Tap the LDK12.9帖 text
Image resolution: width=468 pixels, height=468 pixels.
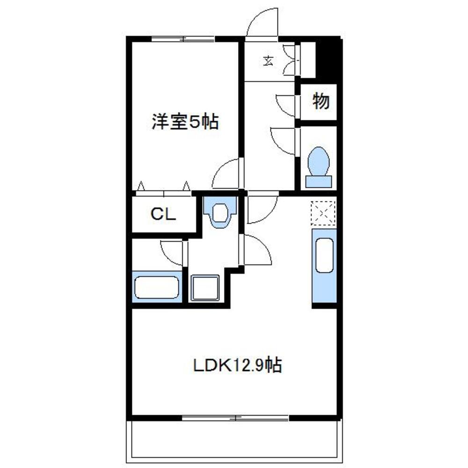238,365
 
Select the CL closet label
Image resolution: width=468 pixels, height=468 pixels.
163,214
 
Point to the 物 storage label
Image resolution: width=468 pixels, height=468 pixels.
321,101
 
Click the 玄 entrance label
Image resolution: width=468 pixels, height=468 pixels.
268,60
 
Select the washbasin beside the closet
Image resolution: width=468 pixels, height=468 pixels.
219,212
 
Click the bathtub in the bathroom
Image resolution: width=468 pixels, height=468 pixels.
157,287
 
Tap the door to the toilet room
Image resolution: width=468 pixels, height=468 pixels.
285,140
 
